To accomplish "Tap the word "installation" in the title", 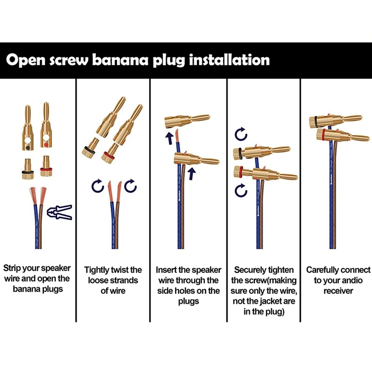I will click(x=230, y=61).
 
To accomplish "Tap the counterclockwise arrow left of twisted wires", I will click(x=97, y=186).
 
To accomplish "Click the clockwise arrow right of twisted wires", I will click(x=132, y=186).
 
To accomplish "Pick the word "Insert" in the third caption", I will click(x=166, y=270).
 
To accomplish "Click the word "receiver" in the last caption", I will click(x=338, y=291).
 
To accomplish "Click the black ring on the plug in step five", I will click(x=316, y=121).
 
